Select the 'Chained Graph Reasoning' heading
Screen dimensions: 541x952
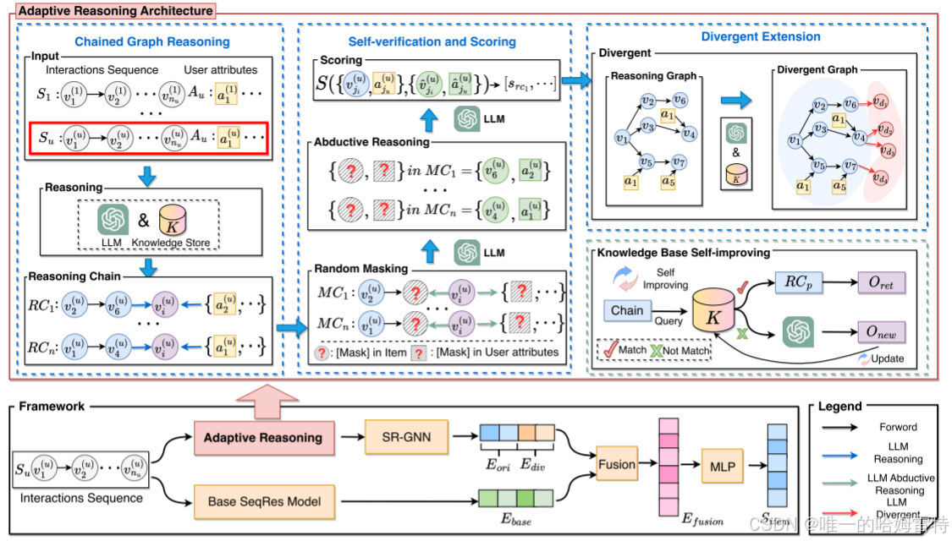151,41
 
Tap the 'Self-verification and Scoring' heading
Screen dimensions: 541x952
432,41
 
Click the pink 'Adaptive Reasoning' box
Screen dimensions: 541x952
264,437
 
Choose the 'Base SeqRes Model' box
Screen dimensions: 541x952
264,501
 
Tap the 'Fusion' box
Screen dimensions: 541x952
617,464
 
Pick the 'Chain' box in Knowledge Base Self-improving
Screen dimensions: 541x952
627,310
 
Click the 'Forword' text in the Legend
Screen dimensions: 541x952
899,427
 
